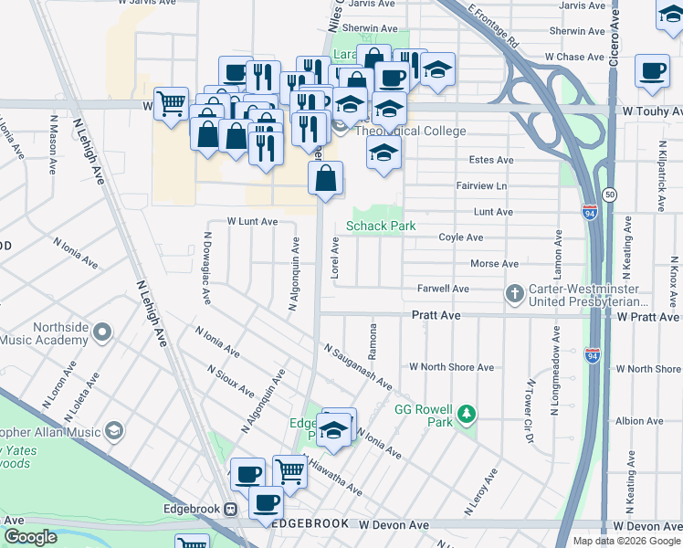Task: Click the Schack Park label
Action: (381, 226)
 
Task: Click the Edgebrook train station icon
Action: (232, 509)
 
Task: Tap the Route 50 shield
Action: (610, 195)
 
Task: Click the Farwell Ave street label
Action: (443, 289)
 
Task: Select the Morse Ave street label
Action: (494, 264)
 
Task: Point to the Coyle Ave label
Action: (461, 237)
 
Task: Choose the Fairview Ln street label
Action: (481, 185)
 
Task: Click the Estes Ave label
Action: (491, 160)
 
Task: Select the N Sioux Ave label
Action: (231, 382)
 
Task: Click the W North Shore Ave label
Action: (451, 367)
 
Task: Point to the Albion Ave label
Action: (639, 421)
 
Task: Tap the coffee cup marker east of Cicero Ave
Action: (653, 70)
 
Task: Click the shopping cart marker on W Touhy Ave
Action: (172, 103)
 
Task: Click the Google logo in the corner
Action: (30, 537)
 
